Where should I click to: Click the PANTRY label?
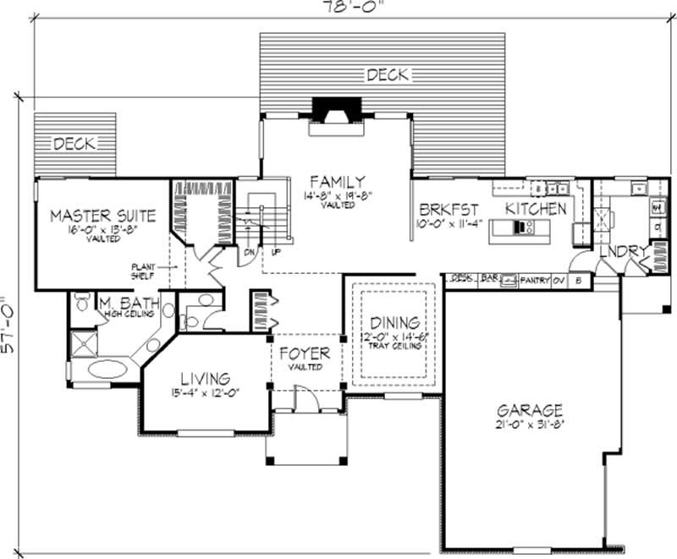coord(533,278)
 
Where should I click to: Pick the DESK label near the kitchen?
coord(461,277)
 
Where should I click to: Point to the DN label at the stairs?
coord(250,252)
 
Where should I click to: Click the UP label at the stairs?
coord(276,252)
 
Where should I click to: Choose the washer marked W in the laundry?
coord(656,206)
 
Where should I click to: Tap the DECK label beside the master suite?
coord(74,144)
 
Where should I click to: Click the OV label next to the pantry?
coord(559,278)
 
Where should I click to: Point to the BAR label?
coord(488,277)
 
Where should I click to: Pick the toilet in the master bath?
coord(81,301)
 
